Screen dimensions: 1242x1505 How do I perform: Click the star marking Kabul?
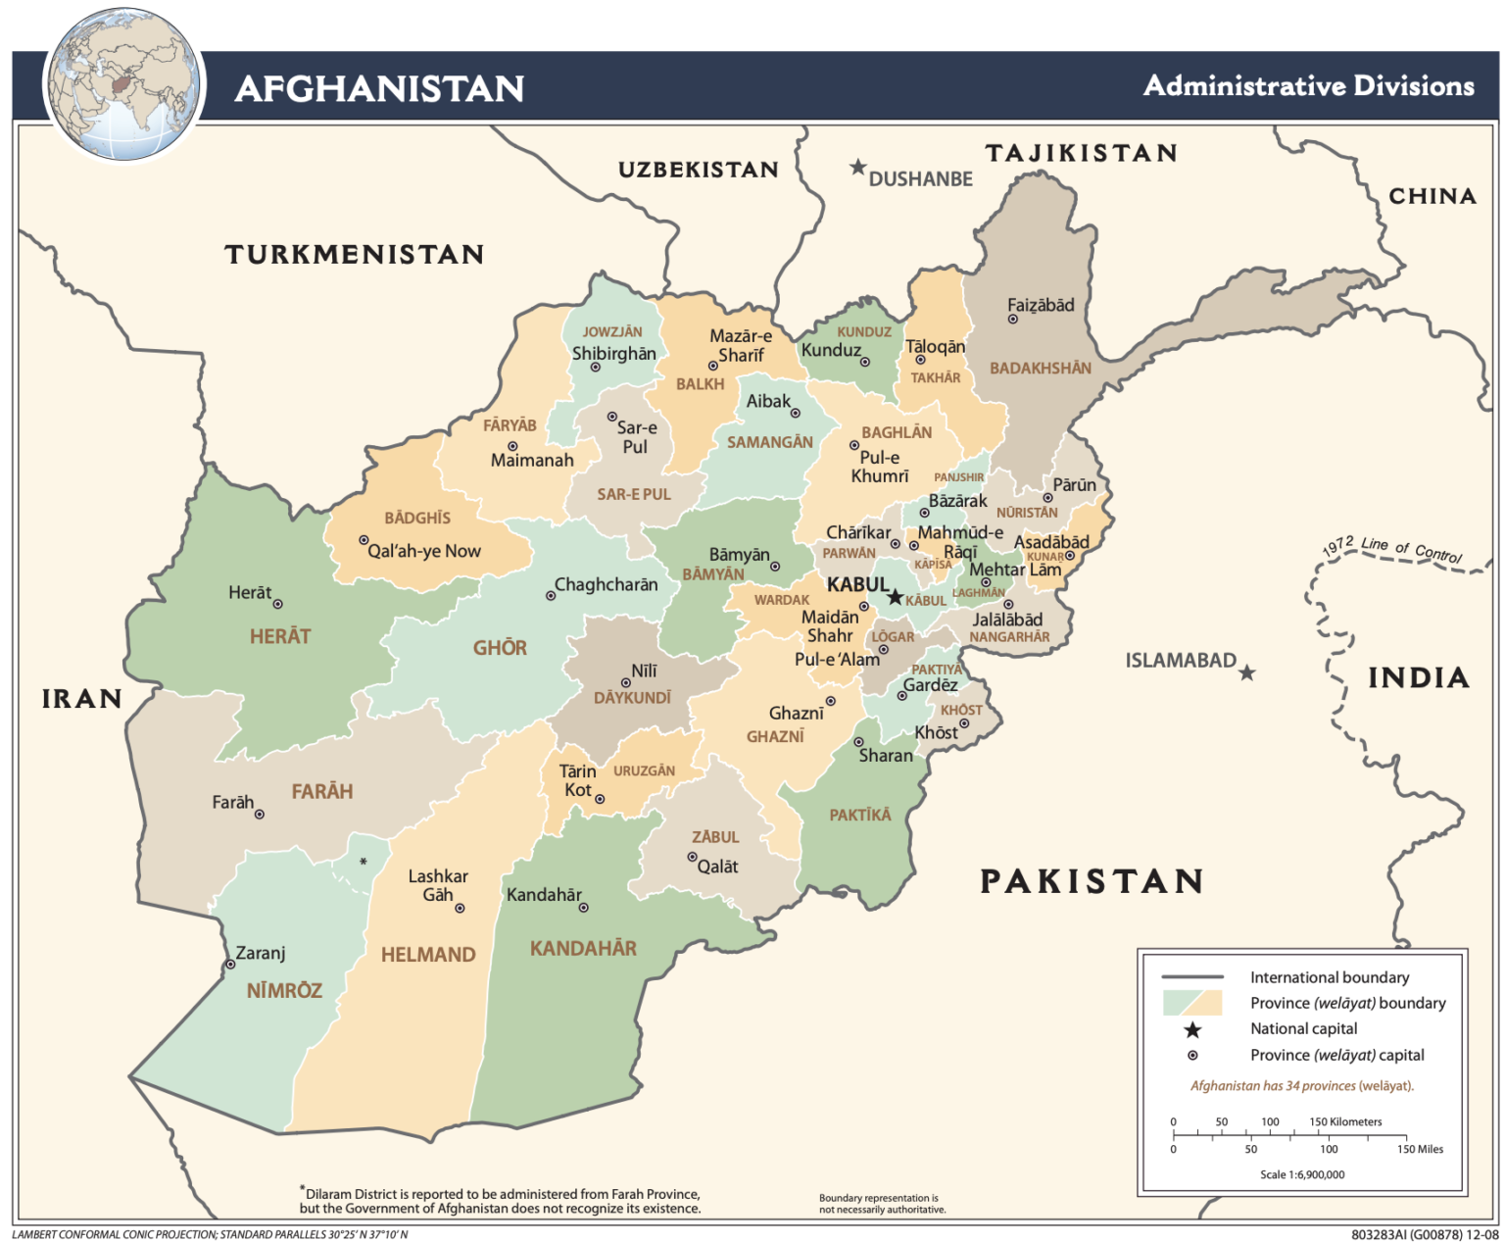895,597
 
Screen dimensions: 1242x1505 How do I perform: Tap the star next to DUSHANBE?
858,168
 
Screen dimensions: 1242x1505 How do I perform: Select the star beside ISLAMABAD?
1246,672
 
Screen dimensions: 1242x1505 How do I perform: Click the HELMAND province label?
428,954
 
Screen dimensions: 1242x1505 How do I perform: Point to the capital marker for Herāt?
277,604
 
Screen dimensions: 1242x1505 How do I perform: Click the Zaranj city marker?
231,965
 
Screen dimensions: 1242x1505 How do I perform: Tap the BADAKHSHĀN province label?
1040,369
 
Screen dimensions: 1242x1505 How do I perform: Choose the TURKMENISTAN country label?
355,255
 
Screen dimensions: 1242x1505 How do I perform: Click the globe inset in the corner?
124,85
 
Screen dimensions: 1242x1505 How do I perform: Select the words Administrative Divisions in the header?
1308,86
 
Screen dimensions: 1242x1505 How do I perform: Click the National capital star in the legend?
1192,1029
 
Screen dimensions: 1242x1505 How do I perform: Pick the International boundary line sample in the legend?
1192,977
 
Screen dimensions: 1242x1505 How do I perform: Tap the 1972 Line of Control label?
1391,551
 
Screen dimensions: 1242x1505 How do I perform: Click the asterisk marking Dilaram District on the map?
364,862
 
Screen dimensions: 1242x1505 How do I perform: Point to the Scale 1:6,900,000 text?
1302,1174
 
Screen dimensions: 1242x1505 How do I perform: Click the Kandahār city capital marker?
584,908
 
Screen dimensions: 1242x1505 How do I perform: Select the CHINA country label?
1432,196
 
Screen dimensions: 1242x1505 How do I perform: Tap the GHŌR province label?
500,648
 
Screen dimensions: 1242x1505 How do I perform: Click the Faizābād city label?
1041,305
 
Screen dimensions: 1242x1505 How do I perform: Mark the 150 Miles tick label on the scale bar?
1419,1149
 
